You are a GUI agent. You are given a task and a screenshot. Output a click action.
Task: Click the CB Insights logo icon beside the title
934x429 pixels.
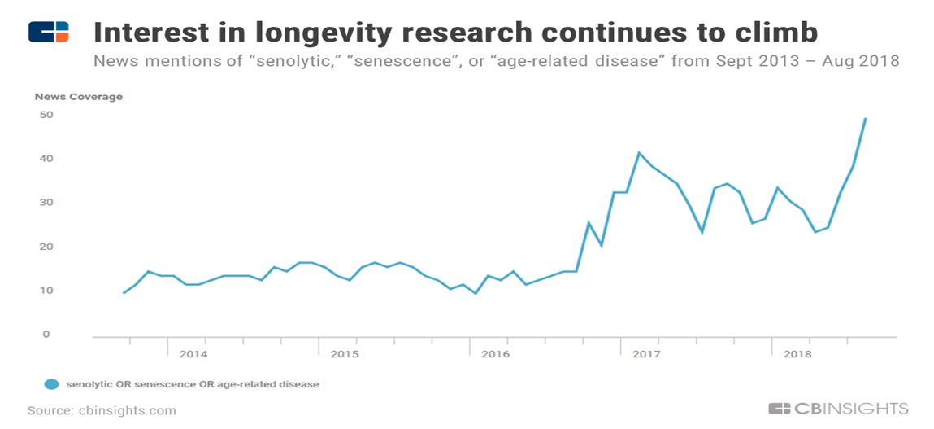[x=48, y=32]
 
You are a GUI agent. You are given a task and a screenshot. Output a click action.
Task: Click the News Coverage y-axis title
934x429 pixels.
[x=78, y=97]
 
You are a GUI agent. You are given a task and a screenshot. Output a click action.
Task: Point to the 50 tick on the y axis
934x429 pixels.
[x=46, y=115]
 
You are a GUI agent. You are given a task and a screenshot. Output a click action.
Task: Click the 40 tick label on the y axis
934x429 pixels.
[x=46, y=159]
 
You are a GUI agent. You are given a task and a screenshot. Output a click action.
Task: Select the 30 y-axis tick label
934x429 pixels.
[x=46, y=203]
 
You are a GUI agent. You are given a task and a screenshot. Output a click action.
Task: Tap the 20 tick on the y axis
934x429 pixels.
[x=46, y=247]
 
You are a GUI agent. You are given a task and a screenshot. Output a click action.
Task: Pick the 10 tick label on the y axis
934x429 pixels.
[x=46, y=291]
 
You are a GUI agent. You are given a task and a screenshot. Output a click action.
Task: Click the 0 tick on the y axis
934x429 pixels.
[x=46, y=335]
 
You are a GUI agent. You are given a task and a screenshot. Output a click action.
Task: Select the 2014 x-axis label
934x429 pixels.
[x=193, y=354]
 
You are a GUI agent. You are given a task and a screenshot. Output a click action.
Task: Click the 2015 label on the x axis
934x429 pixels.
[x=345, y=354]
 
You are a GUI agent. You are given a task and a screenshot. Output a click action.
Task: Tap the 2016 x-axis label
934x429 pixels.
[x=495, y=354]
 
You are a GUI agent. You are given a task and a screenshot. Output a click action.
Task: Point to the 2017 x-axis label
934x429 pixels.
[x=646, y=354]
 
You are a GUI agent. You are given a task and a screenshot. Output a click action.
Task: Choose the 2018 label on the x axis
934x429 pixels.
[x=797, y=354]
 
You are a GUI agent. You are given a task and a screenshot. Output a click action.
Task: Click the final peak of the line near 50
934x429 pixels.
[x=866, y=119]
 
